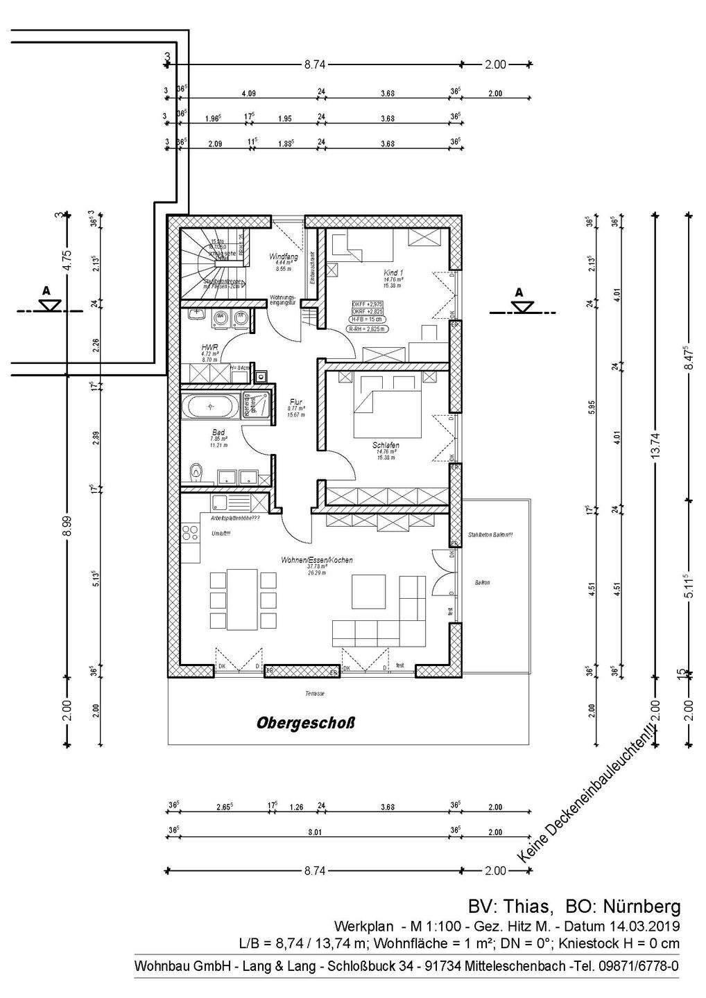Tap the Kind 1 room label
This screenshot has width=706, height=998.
pos(394,273)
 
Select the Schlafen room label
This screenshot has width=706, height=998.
pos(386,446)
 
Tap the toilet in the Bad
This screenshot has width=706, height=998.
pos(197,474)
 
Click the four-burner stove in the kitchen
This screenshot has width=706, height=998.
pos(191,532)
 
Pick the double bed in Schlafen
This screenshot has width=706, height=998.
pos(387,409)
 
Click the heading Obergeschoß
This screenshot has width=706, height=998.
pos(305,723)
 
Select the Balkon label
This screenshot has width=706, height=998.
pos(482,583)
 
